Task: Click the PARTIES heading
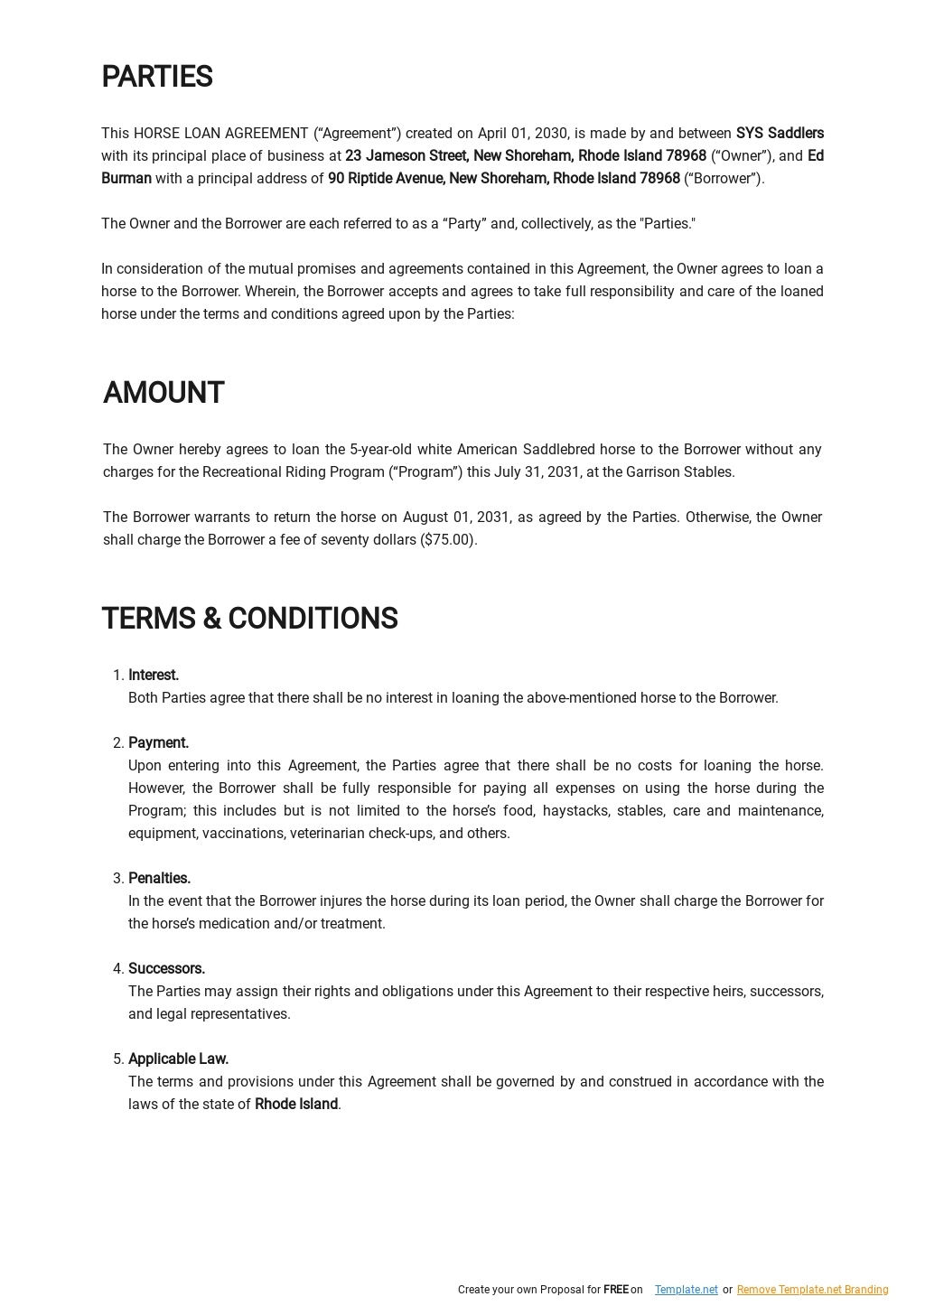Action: pyautogui.click(x=156, y=78)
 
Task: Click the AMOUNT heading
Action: pyautogui.click(x=164, y=394)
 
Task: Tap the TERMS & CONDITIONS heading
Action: pyautogui.click(x=249, y=620)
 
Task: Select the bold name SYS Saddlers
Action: pyautogui.click(x=780, y=134)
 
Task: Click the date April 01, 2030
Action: pyautogui.click(x=523, y=134)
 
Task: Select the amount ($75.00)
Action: pyautogui.click(x=448, y=540)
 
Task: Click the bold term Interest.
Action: pyautogui.click(x=154, y=676)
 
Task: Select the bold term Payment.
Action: pyautogui.click(x=158, y=743)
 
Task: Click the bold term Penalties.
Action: pyautogui.click(x=159, y=879)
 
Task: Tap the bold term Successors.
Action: pyautogui.click(x=166, y=969)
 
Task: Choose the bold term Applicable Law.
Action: pyautogui.click(x=178, y=1059)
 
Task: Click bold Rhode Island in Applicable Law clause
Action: pyautogui.click(x=296, y=1105)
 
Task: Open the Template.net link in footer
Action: pyautogui.click(x=686, y=1290)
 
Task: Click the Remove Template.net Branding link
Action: pyautogui.click(x=812, y=1290)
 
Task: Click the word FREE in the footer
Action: pyautogui.click(x=615, y=1290)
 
